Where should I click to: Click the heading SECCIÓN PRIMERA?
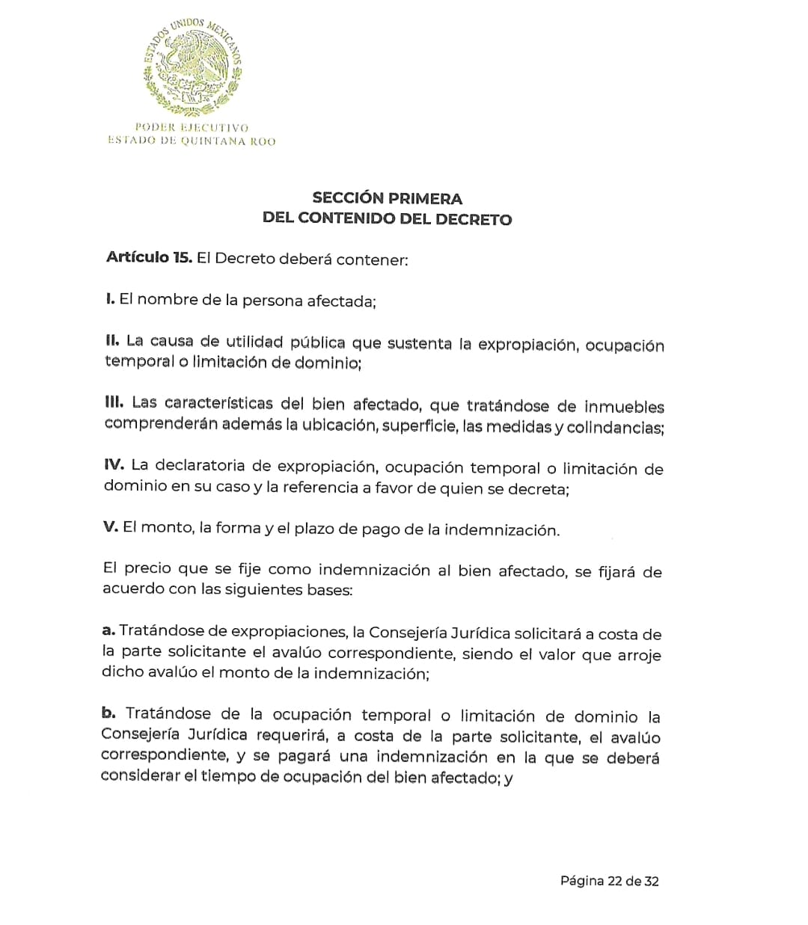(x=387, y=198)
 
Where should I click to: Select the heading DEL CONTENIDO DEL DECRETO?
(x=387, y=219)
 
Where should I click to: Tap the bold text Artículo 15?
(x=149, y=258)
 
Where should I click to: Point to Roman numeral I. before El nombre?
(x=110, y=299)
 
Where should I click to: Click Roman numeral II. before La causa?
(x=112, y=341)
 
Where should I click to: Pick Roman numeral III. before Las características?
(x=114, y=402)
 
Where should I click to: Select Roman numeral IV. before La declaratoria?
(x=114, y=464)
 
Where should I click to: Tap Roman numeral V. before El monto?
(x=110, y=526)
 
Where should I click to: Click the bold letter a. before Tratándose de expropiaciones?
(x=108, y=630)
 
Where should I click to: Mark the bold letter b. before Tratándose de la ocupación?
(x=108, y=713)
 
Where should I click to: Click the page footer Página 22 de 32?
(x=609, y=881)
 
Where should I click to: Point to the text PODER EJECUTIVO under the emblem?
(x=192, y=128)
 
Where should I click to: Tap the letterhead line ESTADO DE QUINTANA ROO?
(x=192, y=141)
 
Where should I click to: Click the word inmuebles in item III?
(x=624, y=408)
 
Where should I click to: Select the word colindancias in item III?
(x=614, y=428)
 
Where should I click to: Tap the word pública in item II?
(x=317, y=343)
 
